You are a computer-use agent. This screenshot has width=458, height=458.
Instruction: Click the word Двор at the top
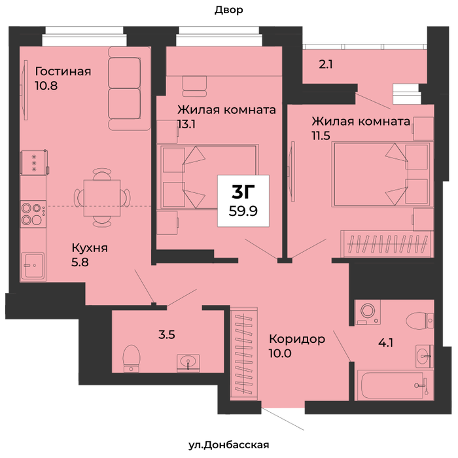(x=229, y=10)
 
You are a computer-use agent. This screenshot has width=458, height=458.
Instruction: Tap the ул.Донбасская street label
(x=229, y=445)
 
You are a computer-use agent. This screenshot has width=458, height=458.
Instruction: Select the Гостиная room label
(x=63, y=71)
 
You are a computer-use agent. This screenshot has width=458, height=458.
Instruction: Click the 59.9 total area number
(x=243, y=211)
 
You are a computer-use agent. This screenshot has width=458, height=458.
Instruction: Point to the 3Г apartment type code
(x=243, y=192)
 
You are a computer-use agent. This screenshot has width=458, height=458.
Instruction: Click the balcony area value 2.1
(x=326, y=64)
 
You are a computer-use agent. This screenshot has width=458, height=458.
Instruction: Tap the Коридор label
(x=297, y=339)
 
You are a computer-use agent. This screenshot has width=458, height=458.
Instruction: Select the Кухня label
(x=90, y=248)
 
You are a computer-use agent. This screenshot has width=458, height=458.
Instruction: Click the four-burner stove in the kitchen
(x=33, y=214)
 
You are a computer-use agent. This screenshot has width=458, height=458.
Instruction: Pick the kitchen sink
(x=33, y=266)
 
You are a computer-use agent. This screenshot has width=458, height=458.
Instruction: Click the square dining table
(x=102, y=198)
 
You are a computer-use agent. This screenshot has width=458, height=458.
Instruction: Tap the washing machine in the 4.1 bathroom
(x=368, y=312)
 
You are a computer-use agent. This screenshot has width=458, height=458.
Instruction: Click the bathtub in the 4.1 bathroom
(x=393, y=385)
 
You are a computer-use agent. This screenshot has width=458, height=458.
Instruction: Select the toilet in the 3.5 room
(x=132, y=359)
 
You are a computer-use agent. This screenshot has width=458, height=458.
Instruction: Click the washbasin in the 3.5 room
(x=188, y=363)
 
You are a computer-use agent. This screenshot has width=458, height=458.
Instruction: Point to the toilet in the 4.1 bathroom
(x=419, y=320)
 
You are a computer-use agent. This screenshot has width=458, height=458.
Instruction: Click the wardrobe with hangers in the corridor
(x=244, y=353)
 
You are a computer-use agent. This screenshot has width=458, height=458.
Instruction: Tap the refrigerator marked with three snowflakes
(x=34, y=163)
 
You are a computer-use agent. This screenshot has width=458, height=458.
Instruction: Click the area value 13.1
(x=186, y=124)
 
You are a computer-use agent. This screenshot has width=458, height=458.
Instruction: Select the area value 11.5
(x=321, y=136)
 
